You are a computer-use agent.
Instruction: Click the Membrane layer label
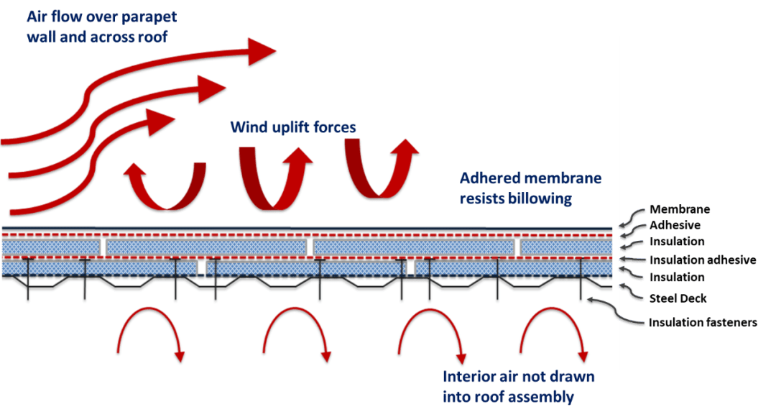tap(680, 209)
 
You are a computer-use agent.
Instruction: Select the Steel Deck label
tap(678, 298)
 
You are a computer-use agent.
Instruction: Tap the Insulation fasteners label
tap(703, 322)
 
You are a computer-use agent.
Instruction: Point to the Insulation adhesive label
tap(703, 260)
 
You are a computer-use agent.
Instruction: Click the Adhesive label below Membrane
tap(675, 225)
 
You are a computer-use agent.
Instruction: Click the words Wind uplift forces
tap(293, 127)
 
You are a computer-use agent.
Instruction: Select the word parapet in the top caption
tap(149, 17)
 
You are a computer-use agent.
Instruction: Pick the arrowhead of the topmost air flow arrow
tap(262, 51)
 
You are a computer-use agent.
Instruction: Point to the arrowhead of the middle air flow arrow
tap(212, 89)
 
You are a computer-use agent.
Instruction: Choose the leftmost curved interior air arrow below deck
tap(149, 310)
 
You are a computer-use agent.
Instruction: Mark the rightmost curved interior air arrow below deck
tap(552, 310)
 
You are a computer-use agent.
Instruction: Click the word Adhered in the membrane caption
tap(489, 178)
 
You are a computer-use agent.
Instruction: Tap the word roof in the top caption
tap(154, 37)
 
